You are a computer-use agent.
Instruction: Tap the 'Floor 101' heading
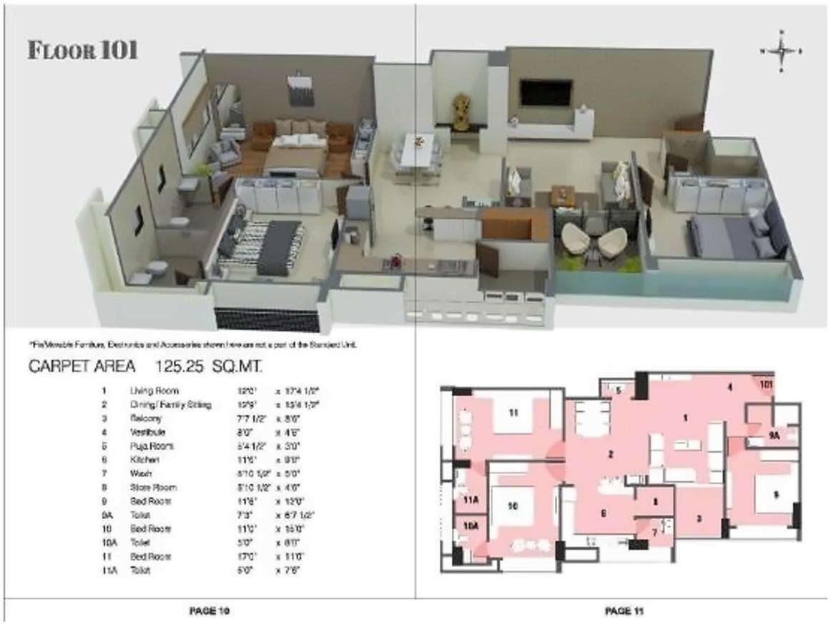[82, 51]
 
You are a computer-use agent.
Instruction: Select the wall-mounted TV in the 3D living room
[546, 92]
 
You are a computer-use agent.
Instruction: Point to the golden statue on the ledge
[462, 112]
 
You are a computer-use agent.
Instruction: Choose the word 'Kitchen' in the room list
[139, 460]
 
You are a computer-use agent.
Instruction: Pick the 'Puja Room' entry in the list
[144, 446]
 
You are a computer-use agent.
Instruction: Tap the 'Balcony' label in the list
[142, 418]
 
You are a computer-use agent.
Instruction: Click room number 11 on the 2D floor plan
[512, 413]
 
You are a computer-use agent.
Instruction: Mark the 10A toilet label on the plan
[470, 526]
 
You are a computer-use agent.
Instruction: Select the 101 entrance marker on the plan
[766, 384]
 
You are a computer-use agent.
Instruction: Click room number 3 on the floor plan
[699, 518]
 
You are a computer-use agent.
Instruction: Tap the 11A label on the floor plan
[470, 500]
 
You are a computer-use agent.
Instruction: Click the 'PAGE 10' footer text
[209, 611]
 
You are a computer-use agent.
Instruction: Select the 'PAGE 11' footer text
[625, 611]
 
